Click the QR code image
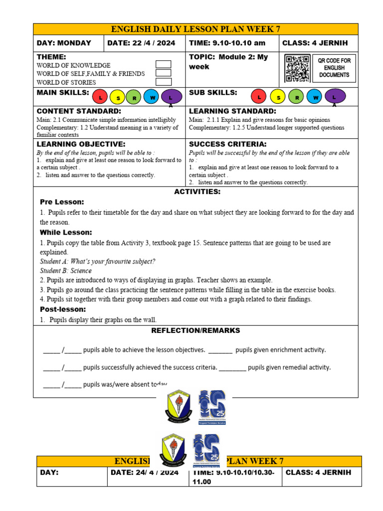(298, 69)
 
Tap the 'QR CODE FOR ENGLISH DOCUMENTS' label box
(334, 68)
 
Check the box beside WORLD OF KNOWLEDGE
(164, 64)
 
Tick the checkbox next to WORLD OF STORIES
(164, 82)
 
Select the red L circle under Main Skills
(101, 97)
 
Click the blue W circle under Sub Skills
(314, 97)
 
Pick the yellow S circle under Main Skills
(118, 97)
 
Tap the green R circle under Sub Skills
(297, 97)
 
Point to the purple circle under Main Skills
(171, 97)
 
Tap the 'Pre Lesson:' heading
(62, 202)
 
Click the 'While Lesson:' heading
(66, 233)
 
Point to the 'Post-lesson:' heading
(63, 309)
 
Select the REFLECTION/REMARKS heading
(195, 330)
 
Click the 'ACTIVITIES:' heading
(197, 192)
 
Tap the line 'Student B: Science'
(66, 271)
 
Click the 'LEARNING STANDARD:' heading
(232, 111)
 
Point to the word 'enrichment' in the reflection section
(275, 350)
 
